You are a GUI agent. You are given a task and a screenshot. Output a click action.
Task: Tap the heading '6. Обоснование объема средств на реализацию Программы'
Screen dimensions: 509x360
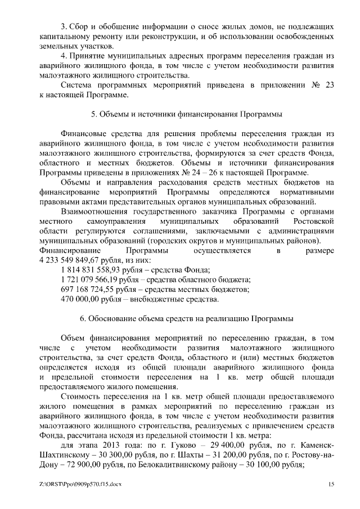point(186,318)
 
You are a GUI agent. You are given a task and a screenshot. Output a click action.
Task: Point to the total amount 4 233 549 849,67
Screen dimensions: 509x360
point(76,261)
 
